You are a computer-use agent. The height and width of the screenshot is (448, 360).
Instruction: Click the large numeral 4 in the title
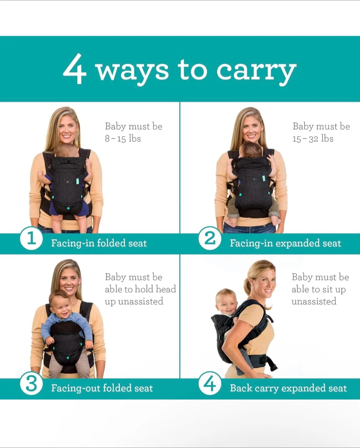tap(75, 69)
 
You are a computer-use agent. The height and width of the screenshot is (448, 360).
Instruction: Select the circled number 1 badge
tap(31, 239)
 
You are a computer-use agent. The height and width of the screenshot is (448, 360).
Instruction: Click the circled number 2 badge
tap(210, 239)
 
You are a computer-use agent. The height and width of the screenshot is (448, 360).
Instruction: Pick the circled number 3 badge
tap(31, 384)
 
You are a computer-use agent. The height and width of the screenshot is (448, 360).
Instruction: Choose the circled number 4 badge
tap(210, 384)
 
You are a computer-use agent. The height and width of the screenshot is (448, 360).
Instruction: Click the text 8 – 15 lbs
tap(123, 139)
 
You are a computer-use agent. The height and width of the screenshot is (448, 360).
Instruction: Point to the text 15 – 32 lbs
tap(313, 139)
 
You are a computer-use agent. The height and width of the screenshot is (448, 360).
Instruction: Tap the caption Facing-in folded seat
tap(99, 243)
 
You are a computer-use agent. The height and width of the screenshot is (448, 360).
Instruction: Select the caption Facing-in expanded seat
tap(285, 243)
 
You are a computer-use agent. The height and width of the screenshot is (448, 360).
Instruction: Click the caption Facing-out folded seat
tap(102, 388)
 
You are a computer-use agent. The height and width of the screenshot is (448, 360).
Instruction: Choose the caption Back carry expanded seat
tap(288, 388)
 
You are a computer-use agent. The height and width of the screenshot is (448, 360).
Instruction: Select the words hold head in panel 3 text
tap(156, 289)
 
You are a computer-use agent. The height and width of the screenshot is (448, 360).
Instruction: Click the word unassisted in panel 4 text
tap(314, 301)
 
